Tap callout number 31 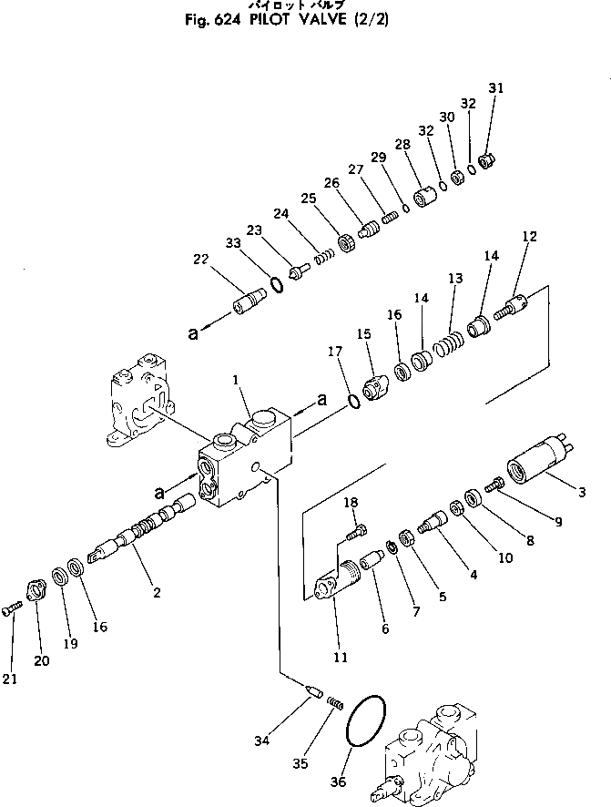(494, 88)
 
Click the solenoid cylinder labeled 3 (539, 458)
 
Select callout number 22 (201, 260)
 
